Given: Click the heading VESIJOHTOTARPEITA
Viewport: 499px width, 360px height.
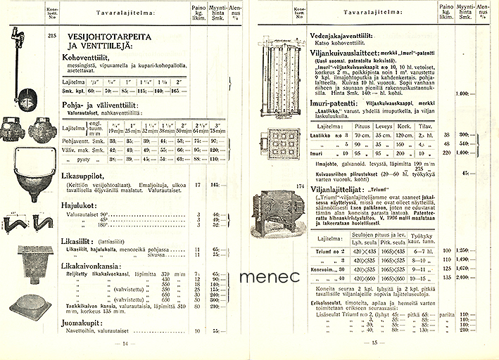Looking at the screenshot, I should pyautogui.click(x=113, y=35).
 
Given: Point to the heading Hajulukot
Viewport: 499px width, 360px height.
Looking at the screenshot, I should pyautogui.click(x=78, y=207).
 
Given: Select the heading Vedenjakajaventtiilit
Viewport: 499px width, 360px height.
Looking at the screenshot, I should pyautogui.click(x=346, y=33).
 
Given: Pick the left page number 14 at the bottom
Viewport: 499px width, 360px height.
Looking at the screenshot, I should pyautogui.click(x=124, y=343).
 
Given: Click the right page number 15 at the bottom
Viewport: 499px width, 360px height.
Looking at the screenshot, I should pyautogui.click(x=374, y=343).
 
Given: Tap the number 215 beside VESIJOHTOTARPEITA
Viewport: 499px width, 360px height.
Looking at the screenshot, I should pyautogui.click(x=50, y=34).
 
